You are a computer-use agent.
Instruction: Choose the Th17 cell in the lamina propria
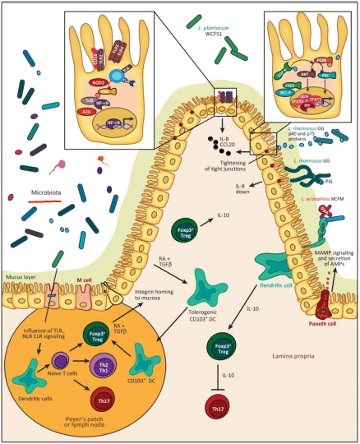[x=242, y=408]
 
